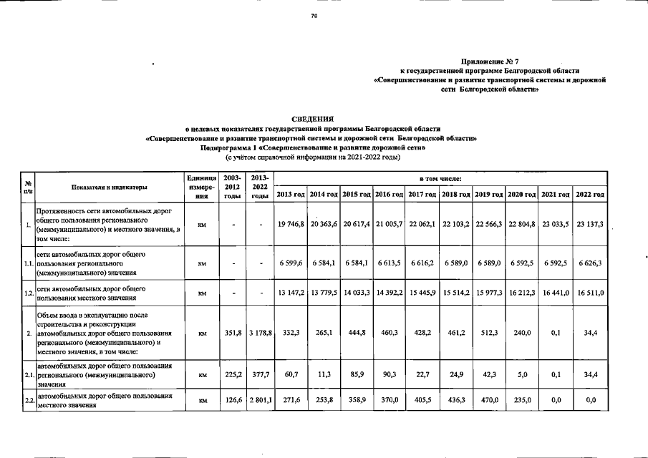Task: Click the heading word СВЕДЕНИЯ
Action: click(312, 118)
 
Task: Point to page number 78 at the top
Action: click(314, 18)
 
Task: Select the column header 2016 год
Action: click(389, 195)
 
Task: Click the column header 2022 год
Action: click(591, 195)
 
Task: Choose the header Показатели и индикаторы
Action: click(110, 187)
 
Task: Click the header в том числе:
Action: click(440, 177)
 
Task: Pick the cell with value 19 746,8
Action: click(291, 224)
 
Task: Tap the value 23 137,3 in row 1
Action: click(591, 224)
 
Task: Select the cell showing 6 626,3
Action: click(591, 263)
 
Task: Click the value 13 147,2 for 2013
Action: click(291, 293)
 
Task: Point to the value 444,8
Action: click(356, 332)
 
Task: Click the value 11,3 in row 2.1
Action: click(324, 374)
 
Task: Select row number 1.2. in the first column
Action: click(28, 293)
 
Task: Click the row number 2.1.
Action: click(28, 374)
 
